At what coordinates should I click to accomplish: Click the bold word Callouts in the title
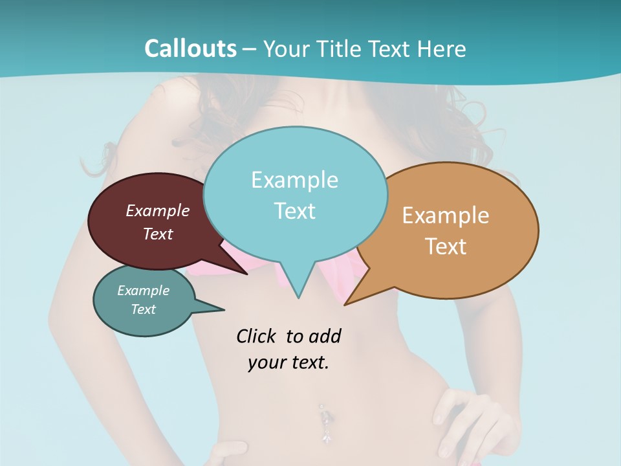(x=190, y=49)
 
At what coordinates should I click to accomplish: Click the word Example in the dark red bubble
(x=157, y=210)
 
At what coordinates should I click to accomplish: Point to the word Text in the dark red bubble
(x=157, y=234)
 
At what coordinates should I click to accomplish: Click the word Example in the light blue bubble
(x=294, y=180)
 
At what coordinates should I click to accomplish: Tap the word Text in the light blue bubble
(x=294, y=211)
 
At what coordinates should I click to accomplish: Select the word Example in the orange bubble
(x=446, y=215)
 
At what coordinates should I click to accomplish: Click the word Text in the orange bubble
(x=446, y=247)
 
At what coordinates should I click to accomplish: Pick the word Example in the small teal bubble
(x=143, y=291)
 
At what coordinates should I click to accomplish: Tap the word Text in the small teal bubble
(x=143, y=309)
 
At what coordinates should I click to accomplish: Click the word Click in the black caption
(x=257, y=337)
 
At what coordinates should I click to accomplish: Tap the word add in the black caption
(x=324, y=337)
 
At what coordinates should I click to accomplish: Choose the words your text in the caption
(x=288, y=362)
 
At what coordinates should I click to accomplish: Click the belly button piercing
(x=323, y=421)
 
